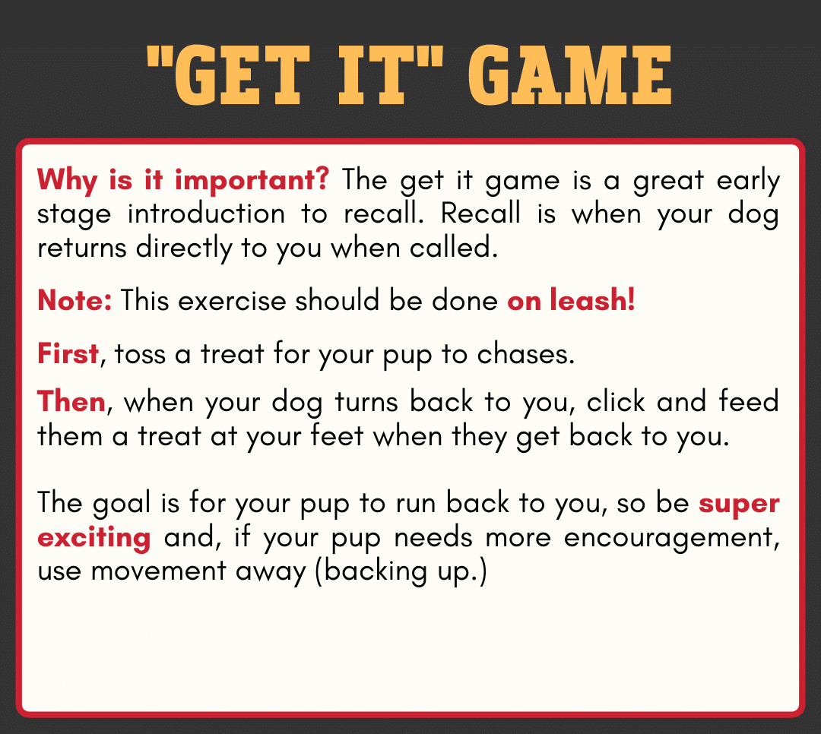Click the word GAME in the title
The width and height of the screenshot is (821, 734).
(569, 75)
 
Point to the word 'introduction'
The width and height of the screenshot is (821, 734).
(206, 214)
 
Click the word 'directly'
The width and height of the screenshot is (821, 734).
(184, 249)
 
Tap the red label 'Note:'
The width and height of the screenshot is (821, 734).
(74, 300)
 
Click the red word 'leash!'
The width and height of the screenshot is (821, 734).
(592, 300)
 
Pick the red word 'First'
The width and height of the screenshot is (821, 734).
(68, 354)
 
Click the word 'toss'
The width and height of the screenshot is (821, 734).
(140, 354)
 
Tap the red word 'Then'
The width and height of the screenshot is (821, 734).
(71, 401)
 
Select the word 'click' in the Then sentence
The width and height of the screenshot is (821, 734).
(616, 401)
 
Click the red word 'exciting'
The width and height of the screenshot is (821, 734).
(94, 538)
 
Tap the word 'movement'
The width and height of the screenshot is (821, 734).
(158, 570)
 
